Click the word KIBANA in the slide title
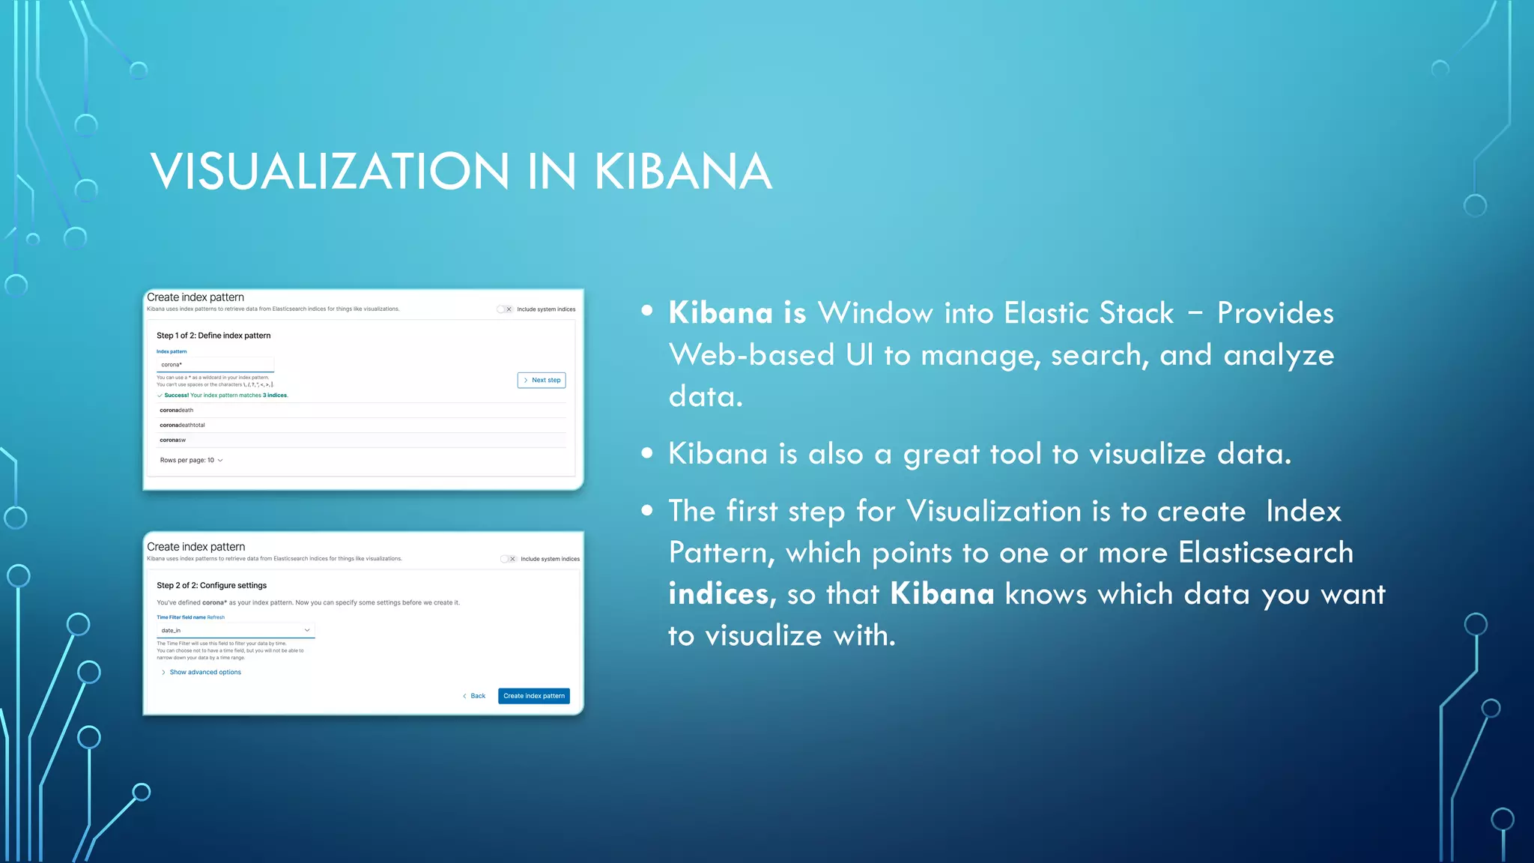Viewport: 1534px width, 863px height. tap(682, 172)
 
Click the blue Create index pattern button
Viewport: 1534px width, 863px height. tap(533, 696)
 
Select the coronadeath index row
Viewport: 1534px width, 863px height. tap(177, 411)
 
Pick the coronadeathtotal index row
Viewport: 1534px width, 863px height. tap(182, 425)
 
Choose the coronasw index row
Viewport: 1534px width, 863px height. tap(173, 440)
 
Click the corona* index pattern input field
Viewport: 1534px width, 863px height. tap(214, 365)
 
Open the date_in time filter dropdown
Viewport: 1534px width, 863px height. tap(235, 631)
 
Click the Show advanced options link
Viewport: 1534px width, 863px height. tap(204, 672)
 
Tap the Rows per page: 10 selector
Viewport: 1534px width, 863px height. tap(191, 460)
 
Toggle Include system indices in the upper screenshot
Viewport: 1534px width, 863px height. tap(504, 309)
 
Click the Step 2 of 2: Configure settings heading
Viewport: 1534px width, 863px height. tap(211, 585)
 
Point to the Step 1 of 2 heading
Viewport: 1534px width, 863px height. tap(213, 336)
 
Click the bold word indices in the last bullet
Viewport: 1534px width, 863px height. tap(718, 595)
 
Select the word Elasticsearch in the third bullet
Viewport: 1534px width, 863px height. tap(1265, 553)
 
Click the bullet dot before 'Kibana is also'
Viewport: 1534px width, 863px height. tap(647, 452)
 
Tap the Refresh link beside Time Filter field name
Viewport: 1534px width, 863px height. tap(216, 617)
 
